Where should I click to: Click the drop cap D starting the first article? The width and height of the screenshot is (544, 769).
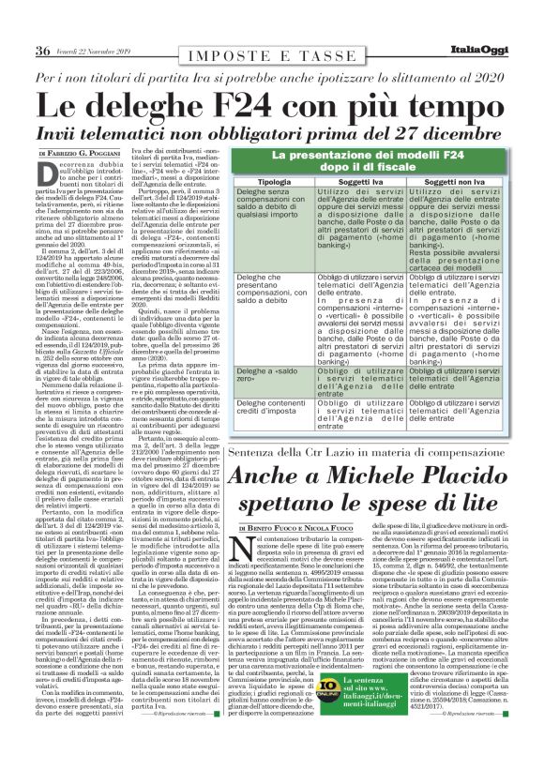(55, 178)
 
